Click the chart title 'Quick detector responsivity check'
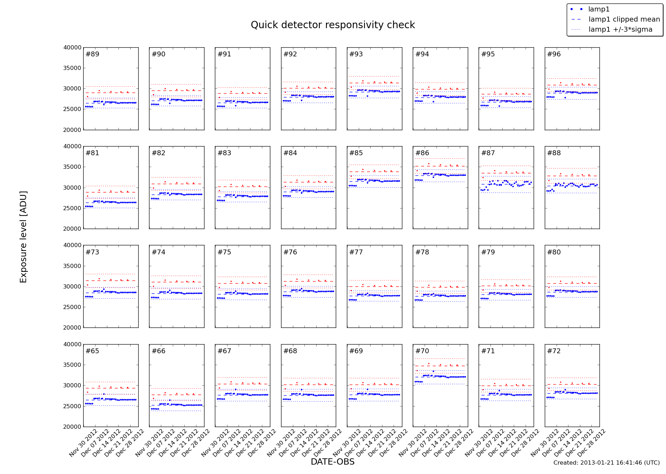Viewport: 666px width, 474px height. pyautogui.click(x=333, y=25)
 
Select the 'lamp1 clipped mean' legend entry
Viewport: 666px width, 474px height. pyautogui.click(x=624, y=19)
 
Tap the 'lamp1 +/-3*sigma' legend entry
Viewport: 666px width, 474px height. pyautogui.click(x=620, y=30)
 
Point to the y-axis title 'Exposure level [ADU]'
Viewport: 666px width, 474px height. pyautogui.click(x=23, y=237)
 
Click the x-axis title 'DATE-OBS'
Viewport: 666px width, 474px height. pyautogui.click(x=332, y=462)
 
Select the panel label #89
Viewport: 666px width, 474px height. pyautogui.click(x=92, y=54)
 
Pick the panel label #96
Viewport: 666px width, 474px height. pyautogui.click(x=554, y=54)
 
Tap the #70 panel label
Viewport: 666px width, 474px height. pyautogui.click(x=422, y=351)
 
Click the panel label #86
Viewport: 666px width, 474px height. pyautogui.click(x=422, y=153)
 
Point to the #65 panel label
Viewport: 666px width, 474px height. pyautogui.click(x=92, y=351)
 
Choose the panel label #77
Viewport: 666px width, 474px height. pyautogui.click(x=356, y=252)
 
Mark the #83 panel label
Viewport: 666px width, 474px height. pyautogui.click(x=224, y=153)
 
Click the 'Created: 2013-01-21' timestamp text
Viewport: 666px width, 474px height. pyautogui.click(x=606, y=463)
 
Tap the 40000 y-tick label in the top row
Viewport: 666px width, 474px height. pyautogui.click(x=72, y=48)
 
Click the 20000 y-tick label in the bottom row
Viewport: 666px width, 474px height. pyautogui.click(x=72, y=427)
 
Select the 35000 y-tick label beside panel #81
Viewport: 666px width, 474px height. pyautogui.click(x=72, y=167)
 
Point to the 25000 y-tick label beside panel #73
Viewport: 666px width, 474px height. pyautogui.click(x=72, y=307)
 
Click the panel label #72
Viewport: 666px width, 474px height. pyautogui.click(x=554, y=351)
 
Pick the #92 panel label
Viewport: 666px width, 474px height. pyautogui.click(x=290, y=54)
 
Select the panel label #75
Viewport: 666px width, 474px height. pyautogui.click(x=224, y=252)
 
